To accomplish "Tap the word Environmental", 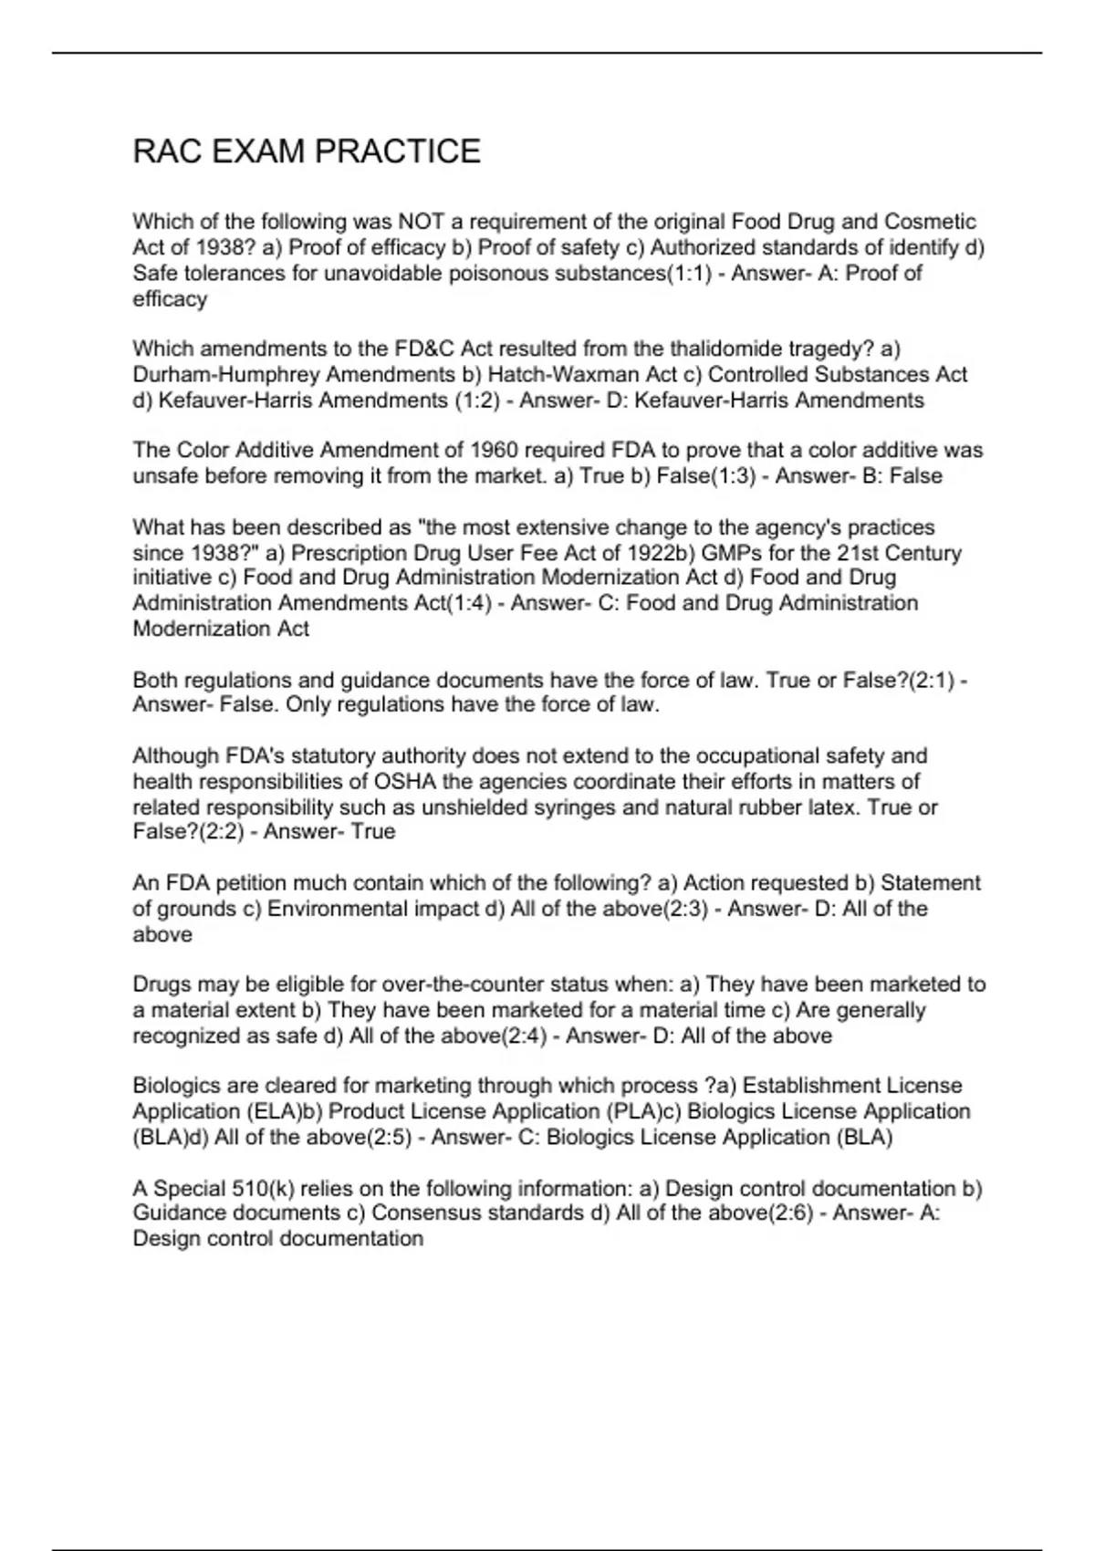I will [332, 909].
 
